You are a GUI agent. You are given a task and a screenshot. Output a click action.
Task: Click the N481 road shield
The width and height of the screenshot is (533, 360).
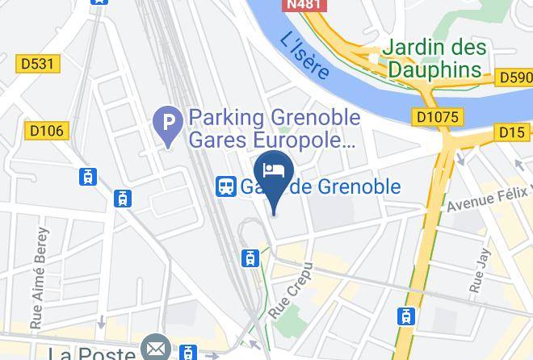click(304, 4)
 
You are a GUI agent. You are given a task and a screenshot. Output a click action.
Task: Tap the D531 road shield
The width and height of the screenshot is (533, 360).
click(37, 63)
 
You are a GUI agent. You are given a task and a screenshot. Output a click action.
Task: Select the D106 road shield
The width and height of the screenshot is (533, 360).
click(48, 131)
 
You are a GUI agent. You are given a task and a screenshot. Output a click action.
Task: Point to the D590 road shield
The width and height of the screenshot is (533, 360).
click(514, 77)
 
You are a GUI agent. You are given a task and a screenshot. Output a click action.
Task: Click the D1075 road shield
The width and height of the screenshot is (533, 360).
click(438, 117)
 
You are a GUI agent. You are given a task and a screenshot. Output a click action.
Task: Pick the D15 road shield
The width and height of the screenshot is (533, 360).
click(513, 132)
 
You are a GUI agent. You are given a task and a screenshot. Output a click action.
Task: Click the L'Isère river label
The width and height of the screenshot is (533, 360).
click(305, 55)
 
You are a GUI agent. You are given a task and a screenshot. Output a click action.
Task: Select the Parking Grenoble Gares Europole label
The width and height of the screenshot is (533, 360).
click(273, 128)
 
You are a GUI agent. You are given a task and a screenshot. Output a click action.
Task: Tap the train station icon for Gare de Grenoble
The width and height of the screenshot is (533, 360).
click(225, 186)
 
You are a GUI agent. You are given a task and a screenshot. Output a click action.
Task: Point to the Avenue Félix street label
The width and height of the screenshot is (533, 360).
click(489, 198)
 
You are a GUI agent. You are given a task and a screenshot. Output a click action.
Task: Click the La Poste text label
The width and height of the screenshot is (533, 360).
click(91, 354)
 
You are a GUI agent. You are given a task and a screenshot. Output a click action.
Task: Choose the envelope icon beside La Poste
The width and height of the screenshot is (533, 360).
click(153, 349)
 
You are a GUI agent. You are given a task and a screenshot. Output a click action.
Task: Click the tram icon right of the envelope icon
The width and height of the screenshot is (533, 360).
click(188, 353)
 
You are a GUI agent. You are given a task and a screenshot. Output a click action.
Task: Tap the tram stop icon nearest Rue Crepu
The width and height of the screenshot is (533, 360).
click(250, 258)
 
